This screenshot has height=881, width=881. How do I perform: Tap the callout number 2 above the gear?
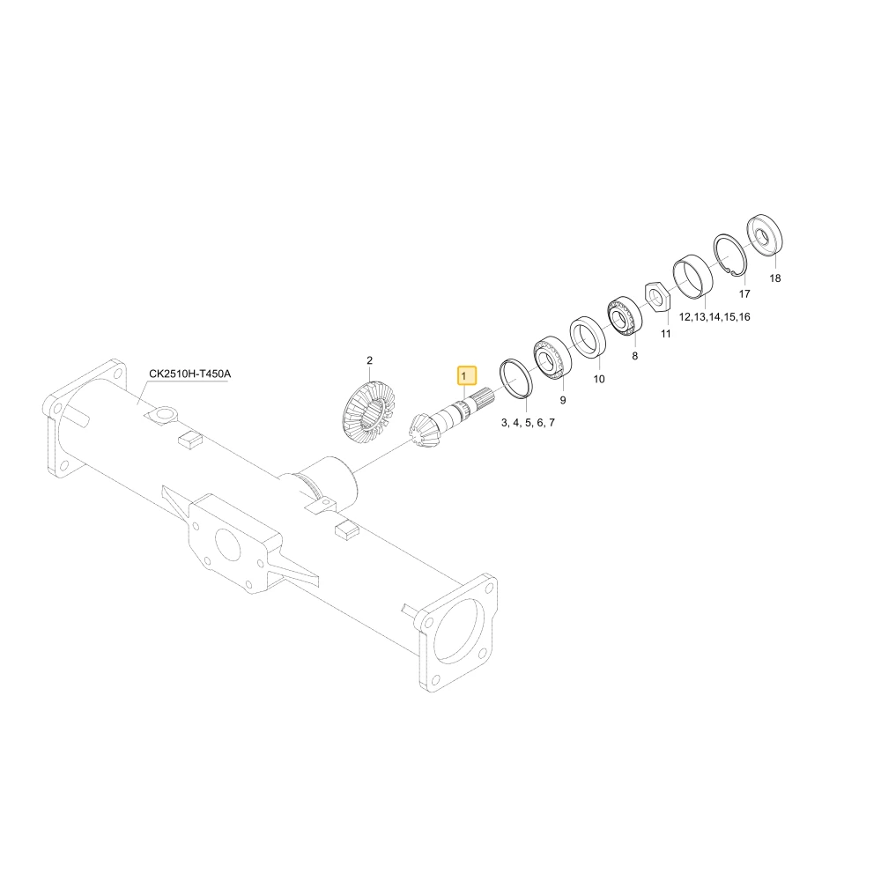370,360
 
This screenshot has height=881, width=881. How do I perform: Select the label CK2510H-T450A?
190,374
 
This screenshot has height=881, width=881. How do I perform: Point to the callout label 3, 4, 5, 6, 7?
528,423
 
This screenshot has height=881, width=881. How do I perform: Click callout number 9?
563,400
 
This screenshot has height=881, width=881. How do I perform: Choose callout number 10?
599,379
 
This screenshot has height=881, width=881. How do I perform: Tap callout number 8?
635,356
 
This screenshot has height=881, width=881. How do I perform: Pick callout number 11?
666,334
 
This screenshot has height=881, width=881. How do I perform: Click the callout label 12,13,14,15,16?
714,317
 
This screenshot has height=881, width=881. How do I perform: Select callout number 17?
744,294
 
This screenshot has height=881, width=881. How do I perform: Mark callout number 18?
774,278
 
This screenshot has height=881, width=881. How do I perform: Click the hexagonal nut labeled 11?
657,295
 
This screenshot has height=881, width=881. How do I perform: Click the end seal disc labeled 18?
765,235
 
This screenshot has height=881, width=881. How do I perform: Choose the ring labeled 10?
588,337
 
